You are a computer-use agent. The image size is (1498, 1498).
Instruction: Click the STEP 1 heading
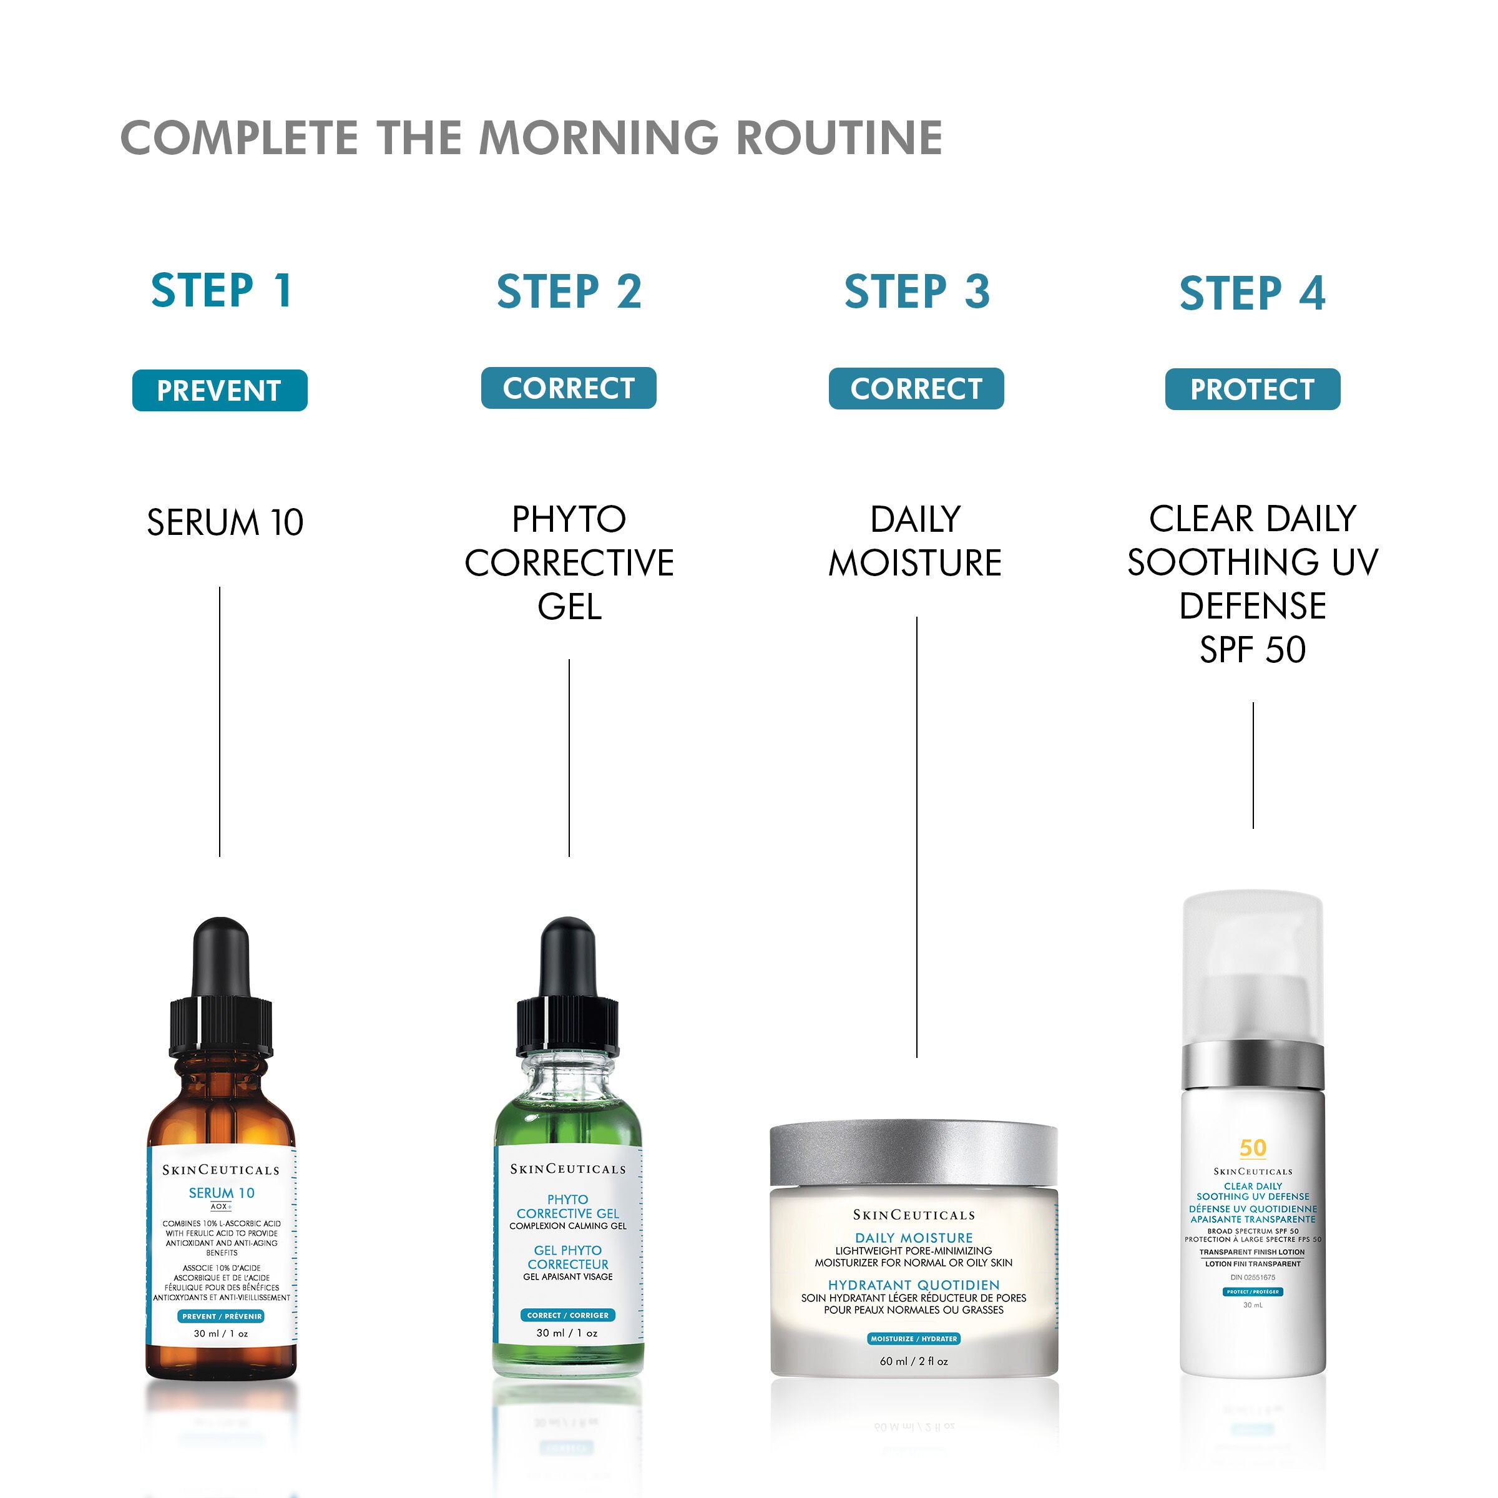(x=221, y=291)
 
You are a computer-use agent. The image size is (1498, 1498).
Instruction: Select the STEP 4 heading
(x=1252, y=293)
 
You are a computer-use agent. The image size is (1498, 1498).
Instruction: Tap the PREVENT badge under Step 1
(x=220, y=390)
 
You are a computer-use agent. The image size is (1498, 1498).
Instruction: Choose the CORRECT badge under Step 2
(x=569, y=388)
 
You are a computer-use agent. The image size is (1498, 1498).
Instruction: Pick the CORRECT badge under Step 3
(x=916, y=388)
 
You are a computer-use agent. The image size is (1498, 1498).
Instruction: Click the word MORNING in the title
(x=599, y=138)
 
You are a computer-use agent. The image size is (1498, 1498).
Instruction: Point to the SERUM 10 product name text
(x=225, y=522)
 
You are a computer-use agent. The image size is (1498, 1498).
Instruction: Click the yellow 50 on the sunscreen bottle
(x=1252, y=1148)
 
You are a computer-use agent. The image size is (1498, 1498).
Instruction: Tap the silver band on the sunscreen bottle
(x=1252, y=1066)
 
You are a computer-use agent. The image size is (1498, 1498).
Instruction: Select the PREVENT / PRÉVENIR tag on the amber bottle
(x=222, y=1316)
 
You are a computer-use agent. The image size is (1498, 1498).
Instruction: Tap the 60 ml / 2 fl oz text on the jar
(x=913, y=1361)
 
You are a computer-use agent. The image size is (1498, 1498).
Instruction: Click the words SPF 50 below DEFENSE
(x=1252, y=650)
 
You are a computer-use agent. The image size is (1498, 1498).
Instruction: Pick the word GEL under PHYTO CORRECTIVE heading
(x=569, y=606)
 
